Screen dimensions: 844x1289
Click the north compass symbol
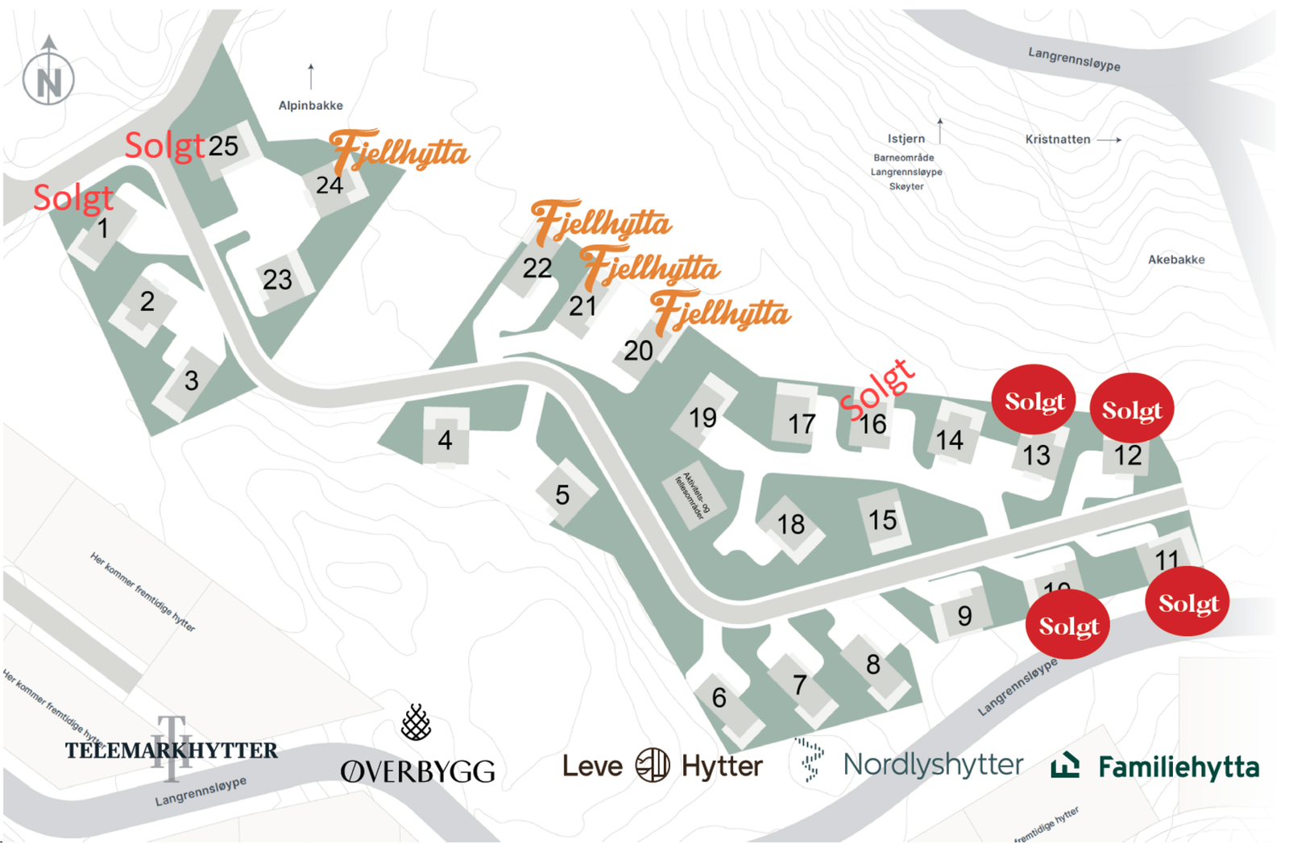click(48, 77)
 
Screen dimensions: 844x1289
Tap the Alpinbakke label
click(310, 106)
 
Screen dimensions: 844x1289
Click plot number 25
click(223, 146)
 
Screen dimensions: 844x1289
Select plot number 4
click(445, 439)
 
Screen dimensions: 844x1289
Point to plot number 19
click(703, 418)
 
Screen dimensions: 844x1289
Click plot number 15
click(882, 520)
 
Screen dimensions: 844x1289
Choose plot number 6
click(719, 697)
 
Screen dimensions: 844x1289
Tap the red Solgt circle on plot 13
click(1034, 401)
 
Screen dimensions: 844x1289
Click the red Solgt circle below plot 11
click(1187, 602)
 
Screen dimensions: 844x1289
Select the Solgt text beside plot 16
click(877, 390)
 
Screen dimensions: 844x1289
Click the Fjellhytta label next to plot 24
click(400, 152)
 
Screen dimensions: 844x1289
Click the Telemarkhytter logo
click(171, 750)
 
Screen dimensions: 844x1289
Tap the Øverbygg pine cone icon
click(416, 722)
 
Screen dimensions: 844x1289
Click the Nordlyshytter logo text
click(933, 764)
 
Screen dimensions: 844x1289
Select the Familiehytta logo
click(1155, 766)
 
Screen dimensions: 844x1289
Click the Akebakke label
click(1175, 260)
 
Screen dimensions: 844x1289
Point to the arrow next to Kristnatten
click(1109, 139)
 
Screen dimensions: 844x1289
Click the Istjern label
click(906, 139)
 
